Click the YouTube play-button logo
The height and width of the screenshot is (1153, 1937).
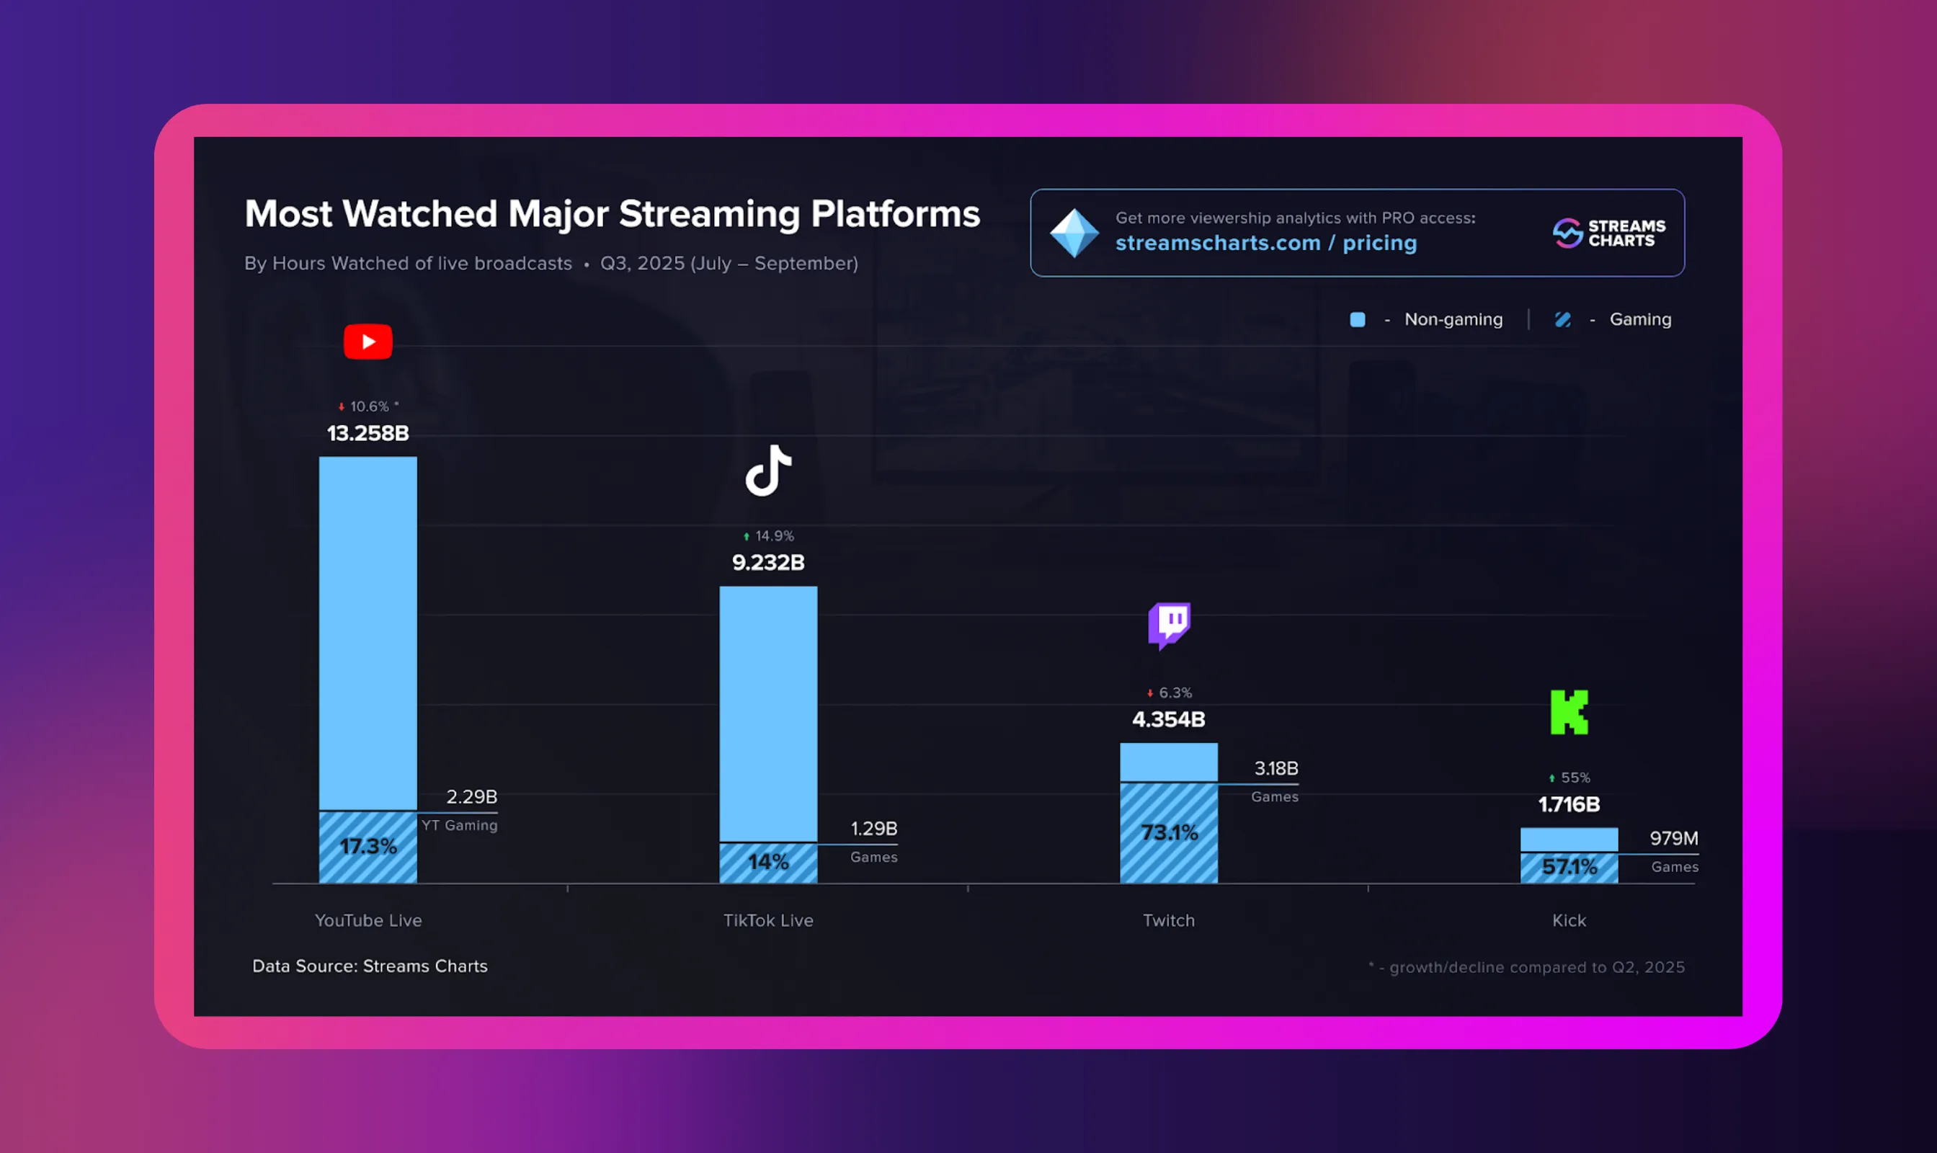point(368,342)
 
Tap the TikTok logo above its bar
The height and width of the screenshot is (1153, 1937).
point(768,471)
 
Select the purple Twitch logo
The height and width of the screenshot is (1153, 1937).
point(1169,625)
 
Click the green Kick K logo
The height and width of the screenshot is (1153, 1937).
point(1569,712)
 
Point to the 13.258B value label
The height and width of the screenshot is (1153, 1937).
point(368,433)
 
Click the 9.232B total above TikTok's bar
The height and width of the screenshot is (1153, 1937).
point(768,562)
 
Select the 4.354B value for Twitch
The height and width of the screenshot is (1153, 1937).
point(1169,718)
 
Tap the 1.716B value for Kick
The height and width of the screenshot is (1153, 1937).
point(1569,804)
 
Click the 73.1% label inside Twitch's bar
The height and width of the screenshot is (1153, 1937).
point(1169,833)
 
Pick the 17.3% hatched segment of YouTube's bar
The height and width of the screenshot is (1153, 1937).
point(368,846)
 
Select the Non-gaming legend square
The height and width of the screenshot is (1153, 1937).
point(1358,319)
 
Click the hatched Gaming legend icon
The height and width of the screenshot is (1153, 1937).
point(1562,319)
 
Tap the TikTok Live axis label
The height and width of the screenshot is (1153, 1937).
point(768,920)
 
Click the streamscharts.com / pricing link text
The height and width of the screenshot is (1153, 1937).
point(1265,243)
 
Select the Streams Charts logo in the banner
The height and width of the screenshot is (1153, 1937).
point(1608,233)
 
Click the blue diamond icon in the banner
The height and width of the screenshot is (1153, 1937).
point(1074,233)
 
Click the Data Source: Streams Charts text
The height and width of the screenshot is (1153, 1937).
point(370,966)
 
